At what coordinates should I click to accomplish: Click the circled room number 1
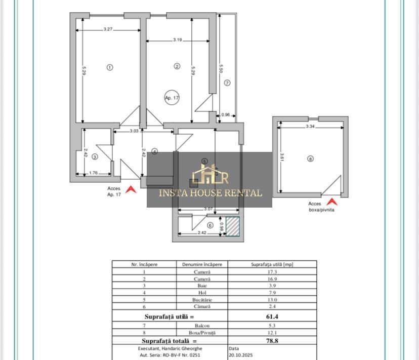coord(110,67)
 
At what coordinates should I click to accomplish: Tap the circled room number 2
coord(177,66)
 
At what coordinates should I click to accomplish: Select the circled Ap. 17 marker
coord(172,98)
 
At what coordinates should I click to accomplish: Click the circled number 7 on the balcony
coord(227,83)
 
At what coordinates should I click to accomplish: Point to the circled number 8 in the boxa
coord(310,158)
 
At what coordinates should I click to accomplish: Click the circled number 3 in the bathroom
coord(95,157)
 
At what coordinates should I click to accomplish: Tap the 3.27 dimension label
coord(108,29)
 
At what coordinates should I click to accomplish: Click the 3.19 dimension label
coord(177,39)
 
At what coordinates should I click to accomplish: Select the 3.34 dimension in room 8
coord(310,127)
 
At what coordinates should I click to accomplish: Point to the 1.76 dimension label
coord(93,173)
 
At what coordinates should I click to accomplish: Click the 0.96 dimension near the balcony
coord(226,115)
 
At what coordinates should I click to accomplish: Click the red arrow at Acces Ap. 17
coord(131,190)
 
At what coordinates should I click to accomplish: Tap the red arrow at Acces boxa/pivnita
coord(331,202)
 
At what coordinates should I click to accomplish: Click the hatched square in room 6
coord(232,226)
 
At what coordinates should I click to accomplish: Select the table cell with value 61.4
coord(272,316)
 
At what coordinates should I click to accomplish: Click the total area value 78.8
coord(272,341)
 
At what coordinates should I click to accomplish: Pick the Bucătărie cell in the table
coord(202,300)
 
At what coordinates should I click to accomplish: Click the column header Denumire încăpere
coord(202,264)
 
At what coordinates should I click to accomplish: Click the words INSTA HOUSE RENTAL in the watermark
coord(210,193)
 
